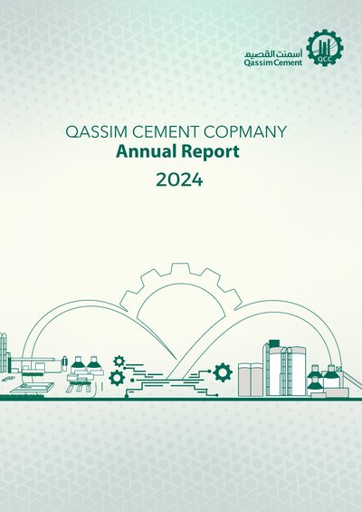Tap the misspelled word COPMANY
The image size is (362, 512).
245,131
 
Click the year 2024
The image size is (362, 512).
179,179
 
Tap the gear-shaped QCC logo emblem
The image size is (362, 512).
325,48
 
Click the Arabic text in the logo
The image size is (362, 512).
274,53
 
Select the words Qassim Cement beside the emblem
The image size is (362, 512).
273,63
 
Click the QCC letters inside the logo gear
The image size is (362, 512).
325,60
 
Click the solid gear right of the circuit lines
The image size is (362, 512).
223,372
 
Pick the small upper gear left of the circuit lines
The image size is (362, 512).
119,362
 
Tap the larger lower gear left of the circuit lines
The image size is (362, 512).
117,378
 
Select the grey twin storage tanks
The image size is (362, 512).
251,380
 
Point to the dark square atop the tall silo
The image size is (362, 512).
274,343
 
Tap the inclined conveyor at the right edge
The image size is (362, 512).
352,381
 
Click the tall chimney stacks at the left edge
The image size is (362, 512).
4,353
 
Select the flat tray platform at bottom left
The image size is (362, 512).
33,388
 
